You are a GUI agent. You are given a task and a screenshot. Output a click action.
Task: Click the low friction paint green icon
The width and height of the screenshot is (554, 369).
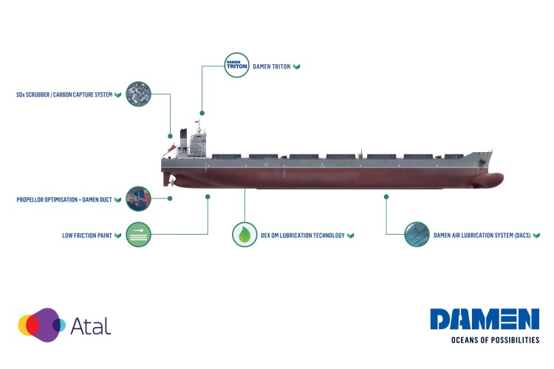(139, 235)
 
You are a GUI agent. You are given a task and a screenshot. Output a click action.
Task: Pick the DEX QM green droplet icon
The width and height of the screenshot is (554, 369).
(244, 235)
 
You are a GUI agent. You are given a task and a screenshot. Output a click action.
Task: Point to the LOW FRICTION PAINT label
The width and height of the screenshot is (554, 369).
(86, 236)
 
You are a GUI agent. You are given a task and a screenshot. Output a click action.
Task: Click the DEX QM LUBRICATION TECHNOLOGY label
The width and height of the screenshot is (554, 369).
(303, 236)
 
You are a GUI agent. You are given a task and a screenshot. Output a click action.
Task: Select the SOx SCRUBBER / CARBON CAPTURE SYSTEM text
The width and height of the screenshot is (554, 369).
(64, 95)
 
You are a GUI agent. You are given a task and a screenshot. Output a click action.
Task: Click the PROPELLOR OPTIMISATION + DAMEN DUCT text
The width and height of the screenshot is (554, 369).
(64, 200)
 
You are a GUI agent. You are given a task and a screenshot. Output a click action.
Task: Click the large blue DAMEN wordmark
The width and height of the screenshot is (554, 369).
(485, 319)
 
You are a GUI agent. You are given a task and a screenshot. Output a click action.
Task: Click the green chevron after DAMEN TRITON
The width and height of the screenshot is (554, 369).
(296, 67)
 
